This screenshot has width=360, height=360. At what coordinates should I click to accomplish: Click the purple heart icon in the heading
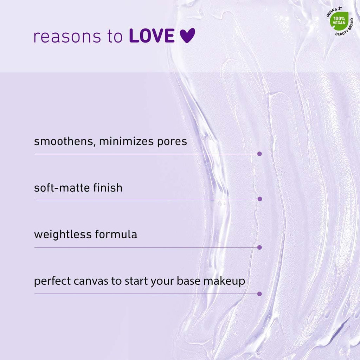click(x=187, y=36)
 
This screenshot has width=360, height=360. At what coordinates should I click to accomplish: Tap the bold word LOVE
click(x=152, y=36)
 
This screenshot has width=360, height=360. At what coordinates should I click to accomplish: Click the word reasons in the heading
click(x=67, y=37)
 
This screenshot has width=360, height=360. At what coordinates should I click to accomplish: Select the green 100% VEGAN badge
click(x=339, y=21)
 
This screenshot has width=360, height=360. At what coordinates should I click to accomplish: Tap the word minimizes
click(x=126, y=141)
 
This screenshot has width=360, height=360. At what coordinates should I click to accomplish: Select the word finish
click(x=108, y=188)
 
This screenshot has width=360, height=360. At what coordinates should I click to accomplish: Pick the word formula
click(x=116, y=234)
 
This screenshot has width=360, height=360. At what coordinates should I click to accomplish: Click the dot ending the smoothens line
click(x=259, y=154)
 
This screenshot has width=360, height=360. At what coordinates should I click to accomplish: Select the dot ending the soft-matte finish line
click(x=260, y=199)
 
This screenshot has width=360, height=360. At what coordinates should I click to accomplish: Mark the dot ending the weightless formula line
click(x=259, y=247)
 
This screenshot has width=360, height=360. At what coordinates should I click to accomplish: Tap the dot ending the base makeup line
click(x=259, y=294)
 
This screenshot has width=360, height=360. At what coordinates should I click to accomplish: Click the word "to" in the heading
click(x=115, y=37)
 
